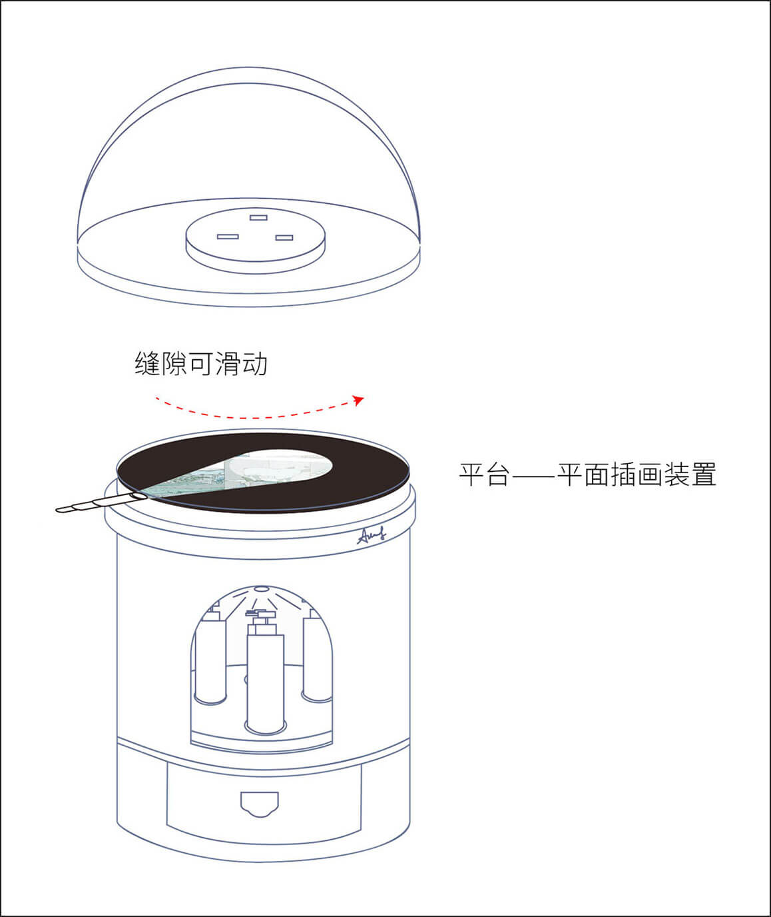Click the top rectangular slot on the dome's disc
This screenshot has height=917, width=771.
258,217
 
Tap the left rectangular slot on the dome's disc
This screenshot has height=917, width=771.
228,237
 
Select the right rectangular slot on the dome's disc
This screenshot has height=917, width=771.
284,238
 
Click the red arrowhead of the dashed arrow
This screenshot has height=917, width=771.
359,400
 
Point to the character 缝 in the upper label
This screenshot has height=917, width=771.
147,363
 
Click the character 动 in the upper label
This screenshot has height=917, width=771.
254,363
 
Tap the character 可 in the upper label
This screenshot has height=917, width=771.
202,363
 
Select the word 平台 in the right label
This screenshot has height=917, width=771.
485,474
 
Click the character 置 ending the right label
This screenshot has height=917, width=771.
704,474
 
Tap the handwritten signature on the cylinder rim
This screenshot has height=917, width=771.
372,535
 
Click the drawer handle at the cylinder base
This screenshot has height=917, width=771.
260,805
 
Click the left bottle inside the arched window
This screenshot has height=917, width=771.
210,655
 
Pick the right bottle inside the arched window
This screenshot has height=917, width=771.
317,654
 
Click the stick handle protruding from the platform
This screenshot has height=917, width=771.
101,502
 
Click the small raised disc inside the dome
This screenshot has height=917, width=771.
256,241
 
